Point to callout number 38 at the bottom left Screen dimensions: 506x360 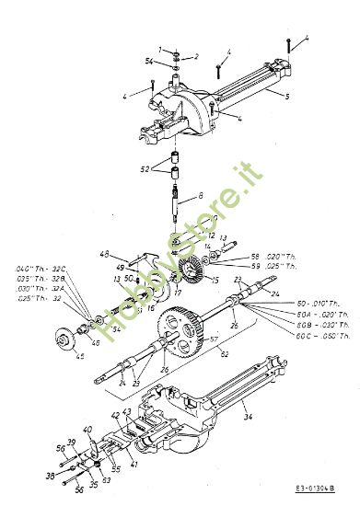pyautogui.click(x=52, y=477)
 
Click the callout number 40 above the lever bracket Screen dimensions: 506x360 pyautogui.click(x=87, y=431)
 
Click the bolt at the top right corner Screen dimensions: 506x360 pyautogui.click(x=291, y=40)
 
